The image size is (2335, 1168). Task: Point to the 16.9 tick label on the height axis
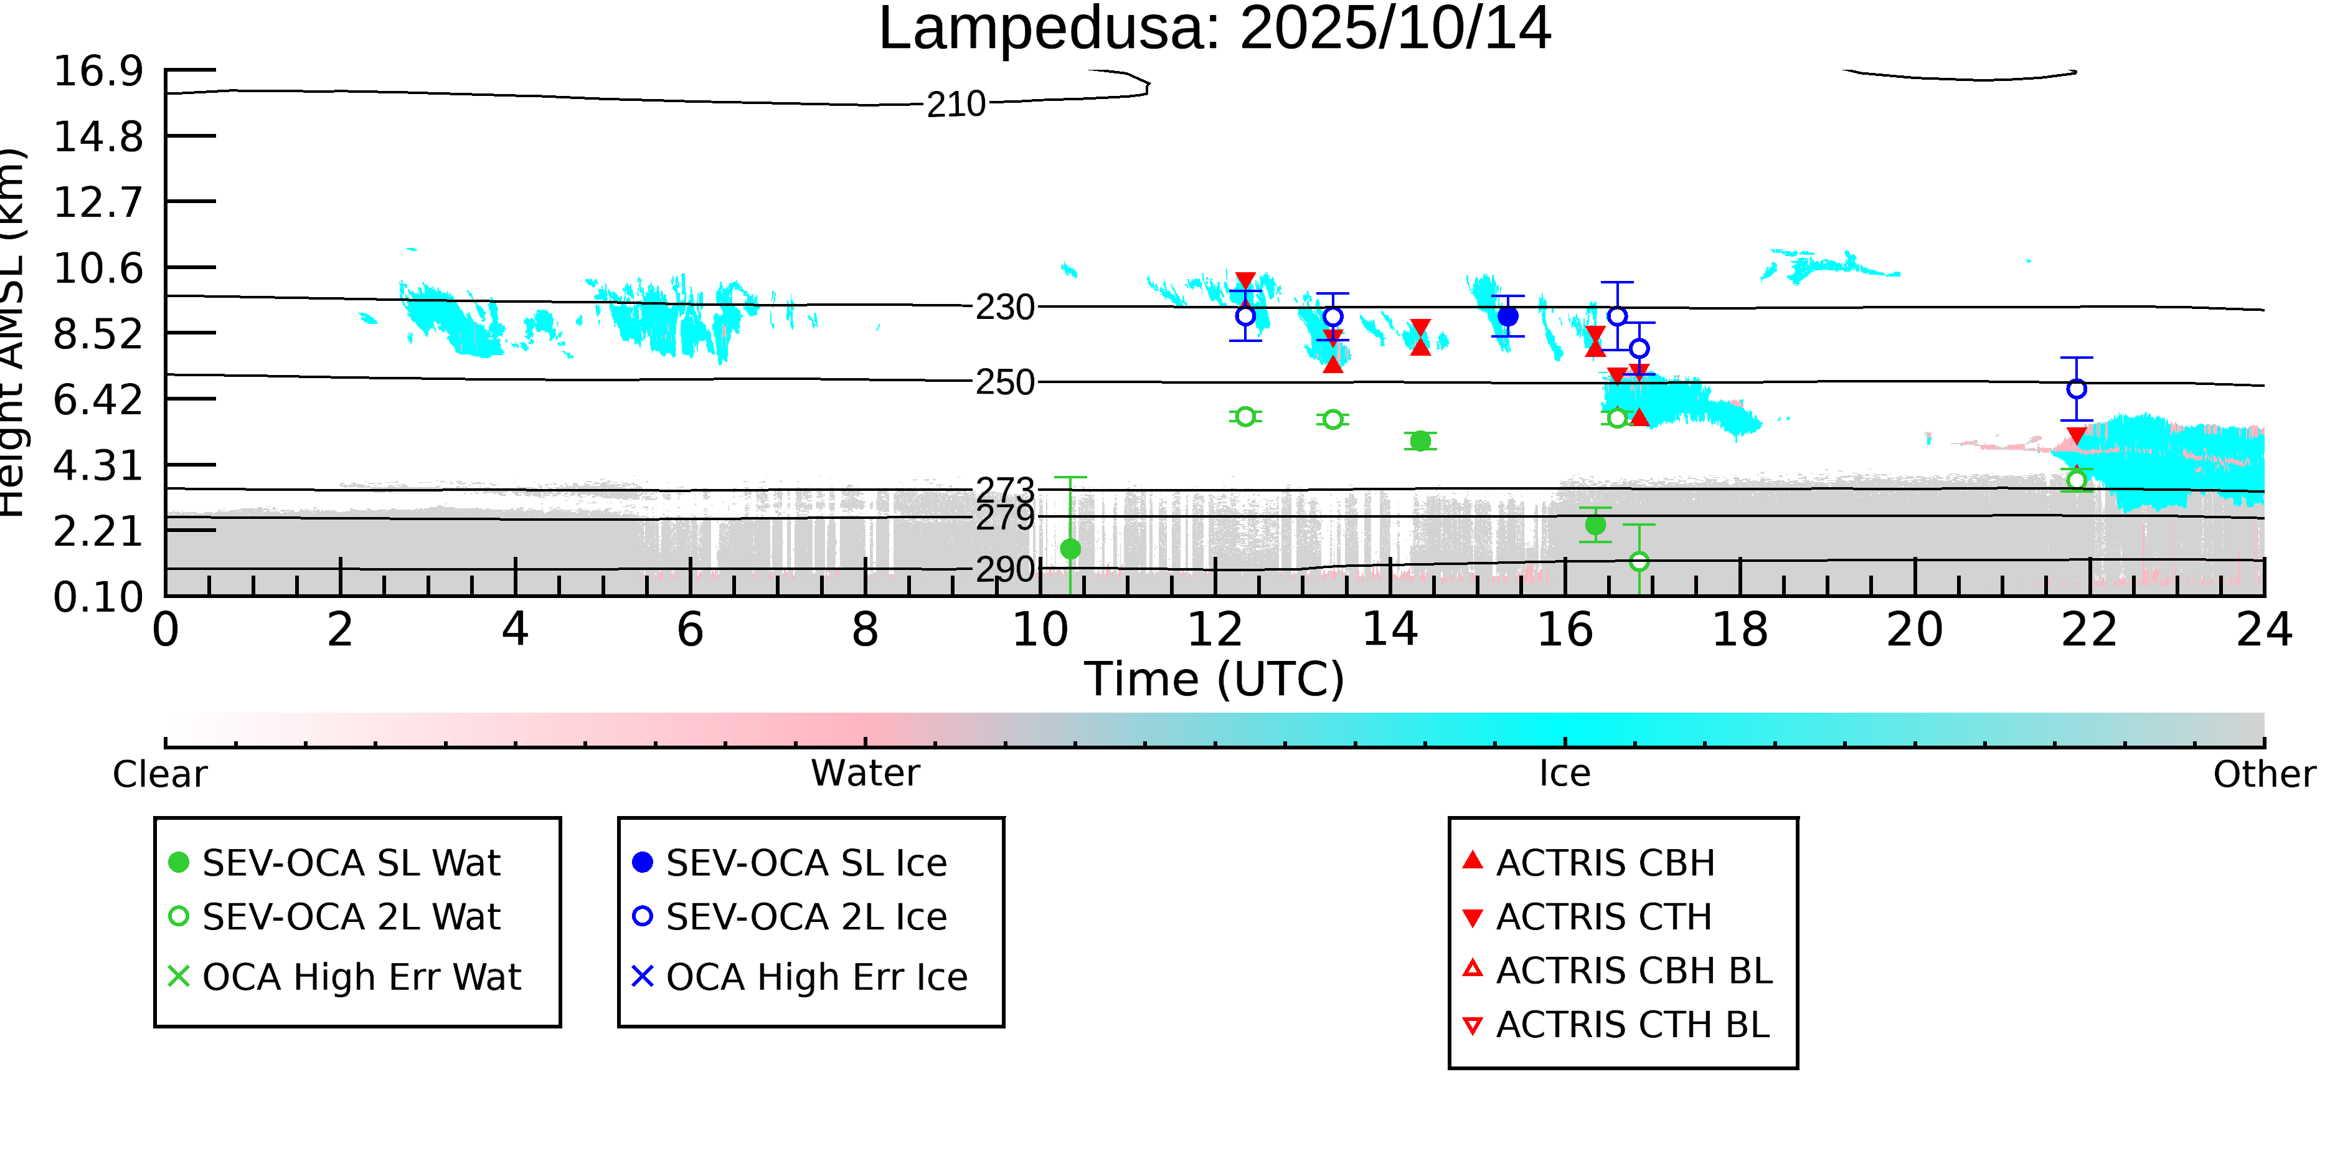click(98, 72)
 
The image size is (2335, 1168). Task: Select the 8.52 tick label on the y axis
click(98, 335)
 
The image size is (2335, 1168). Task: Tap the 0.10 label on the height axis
click(98, 597)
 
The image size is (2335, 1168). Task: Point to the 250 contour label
click(1004, 382)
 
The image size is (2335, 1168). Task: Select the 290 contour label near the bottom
click(1004, 569)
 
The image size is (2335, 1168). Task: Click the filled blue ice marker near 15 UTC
click(1507, 316)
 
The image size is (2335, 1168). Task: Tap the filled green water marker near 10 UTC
click(1070, 549)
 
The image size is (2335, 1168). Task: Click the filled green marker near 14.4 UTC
click(1420, 440)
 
